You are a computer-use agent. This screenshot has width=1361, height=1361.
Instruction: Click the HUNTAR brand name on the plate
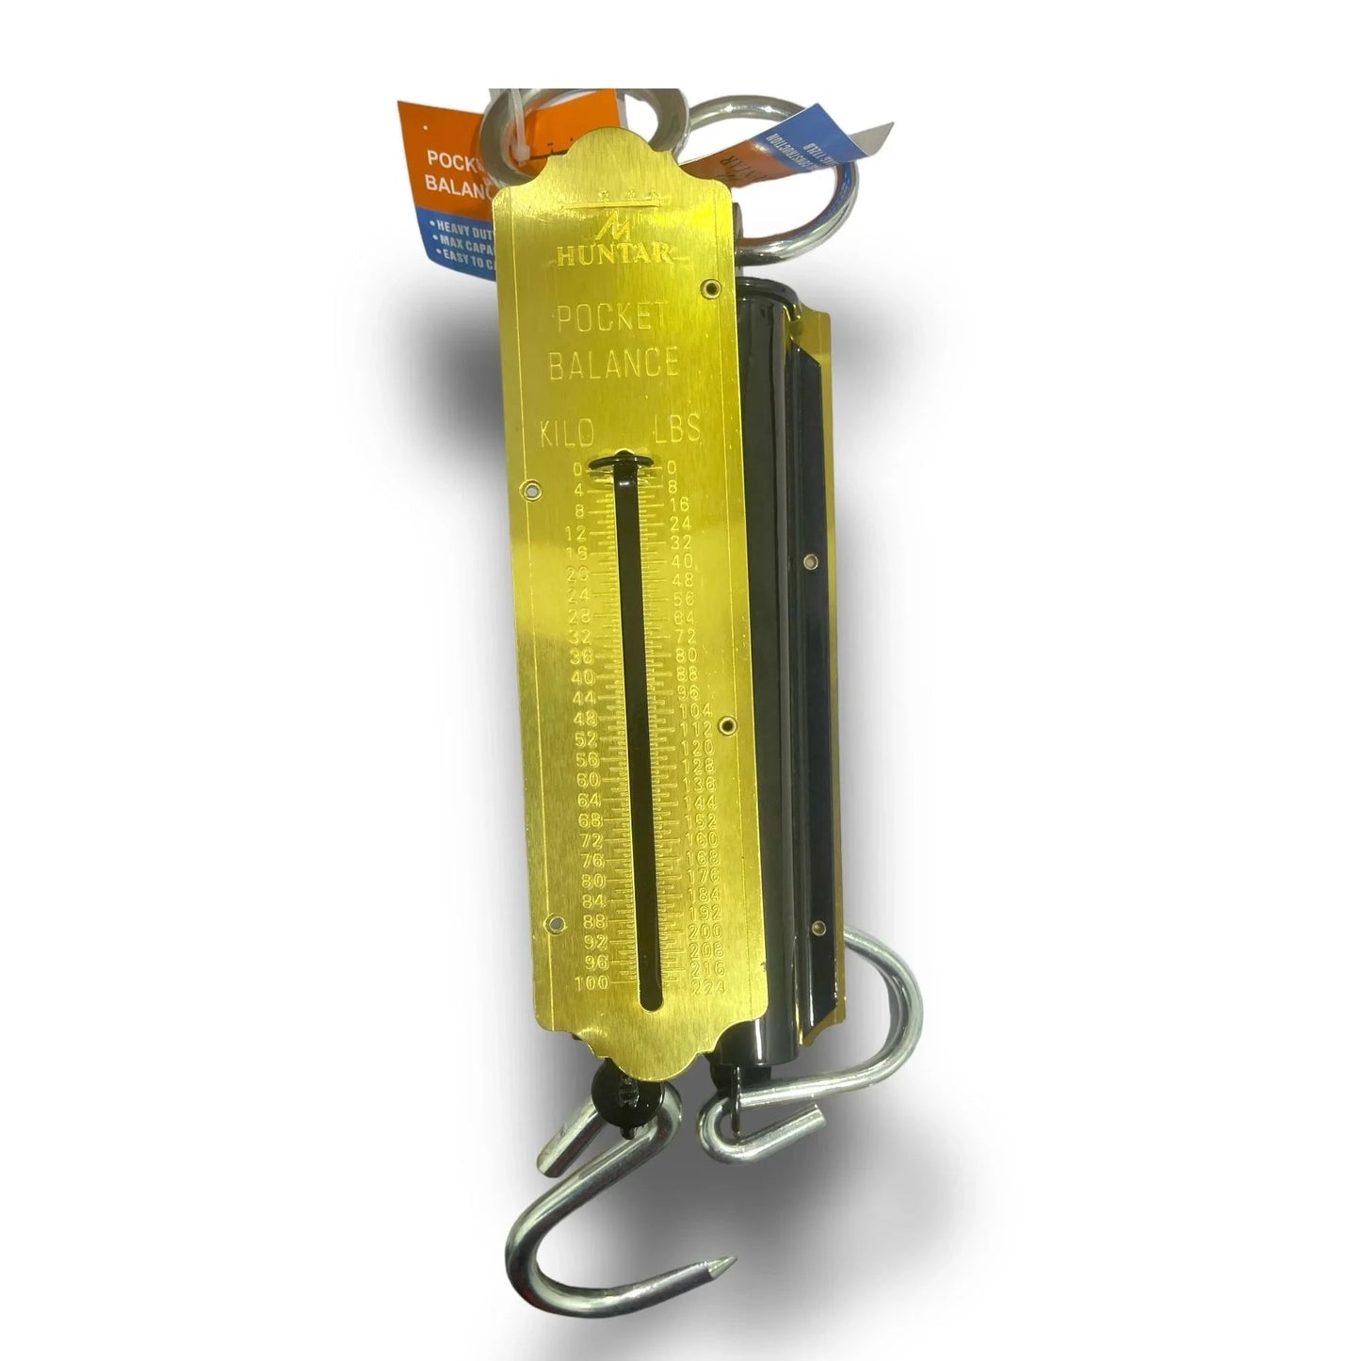(613, 254)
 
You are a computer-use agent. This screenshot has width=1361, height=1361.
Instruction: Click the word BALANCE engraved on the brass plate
(613, 363)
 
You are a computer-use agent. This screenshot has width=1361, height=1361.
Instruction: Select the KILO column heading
(566, 434)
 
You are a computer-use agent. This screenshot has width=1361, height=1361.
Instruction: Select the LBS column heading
(677, 429)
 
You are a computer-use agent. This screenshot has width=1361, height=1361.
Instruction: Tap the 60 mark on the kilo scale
(587, 780)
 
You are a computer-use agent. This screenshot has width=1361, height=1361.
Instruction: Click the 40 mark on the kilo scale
(583, 677)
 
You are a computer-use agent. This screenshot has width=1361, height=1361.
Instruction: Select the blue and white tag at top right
(829, 151)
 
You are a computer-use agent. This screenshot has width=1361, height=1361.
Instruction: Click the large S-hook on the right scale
(885, 1027)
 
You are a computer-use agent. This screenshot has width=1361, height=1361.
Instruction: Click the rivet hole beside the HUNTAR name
(713, 285)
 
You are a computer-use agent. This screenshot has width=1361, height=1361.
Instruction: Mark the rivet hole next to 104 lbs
(725, 724)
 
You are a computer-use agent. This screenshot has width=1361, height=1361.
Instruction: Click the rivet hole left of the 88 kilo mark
(555, 922)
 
